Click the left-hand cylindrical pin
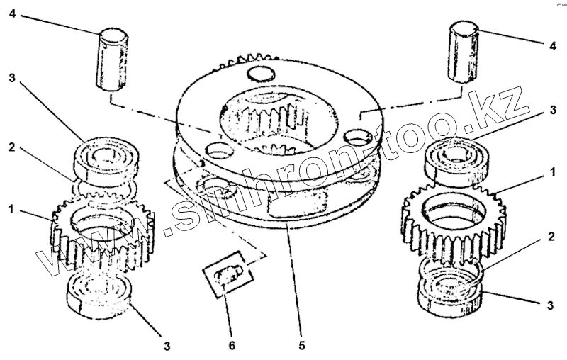(x=112, y=59)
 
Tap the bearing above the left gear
(x=106, y=158)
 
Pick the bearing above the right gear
(x=456, y=161)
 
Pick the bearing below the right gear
(x=451, y=293)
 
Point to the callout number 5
(x=302, y=346)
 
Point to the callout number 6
(x=232, y=346)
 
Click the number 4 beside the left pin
(x=12, y=13)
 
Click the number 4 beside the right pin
(x=553, y=46)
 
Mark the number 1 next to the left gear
(x=11, y=209)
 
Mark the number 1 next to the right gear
(x=553, y=172)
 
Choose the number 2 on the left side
(x=12, y=147)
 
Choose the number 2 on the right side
(x=551, y=237)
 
